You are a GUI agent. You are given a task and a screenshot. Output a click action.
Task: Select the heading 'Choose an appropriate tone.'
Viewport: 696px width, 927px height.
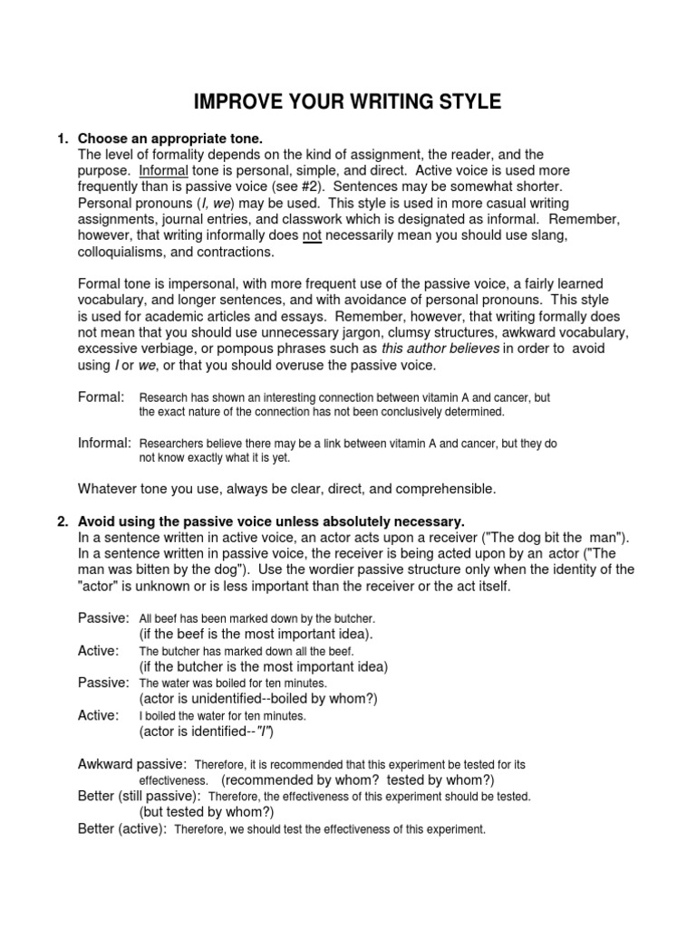[169, 139]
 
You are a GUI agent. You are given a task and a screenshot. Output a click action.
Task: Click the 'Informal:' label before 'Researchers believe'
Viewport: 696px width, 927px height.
[104, 443]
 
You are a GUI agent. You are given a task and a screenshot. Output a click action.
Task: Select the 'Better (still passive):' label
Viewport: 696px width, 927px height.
[139, 796]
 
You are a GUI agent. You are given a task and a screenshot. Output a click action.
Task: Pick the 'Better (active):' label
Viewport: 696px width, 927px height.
[122, 828]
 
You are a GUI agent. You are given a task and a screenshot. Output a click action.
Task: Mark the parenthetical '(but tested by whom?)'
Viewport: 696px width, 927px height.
[207, 812]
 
